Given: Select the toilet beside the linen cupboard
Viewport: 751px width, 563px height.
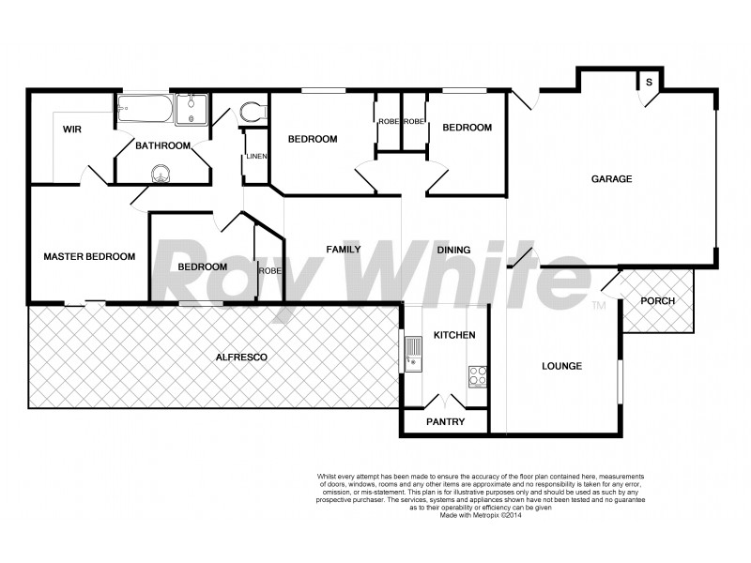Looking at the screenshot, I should (x=251, y=113).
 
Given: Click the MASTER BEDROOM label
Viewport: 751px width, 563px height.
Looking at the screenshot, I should (x=89, y=256).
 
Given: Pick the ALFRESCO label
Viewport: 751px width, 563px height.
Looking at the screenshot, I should (x=243, y=358).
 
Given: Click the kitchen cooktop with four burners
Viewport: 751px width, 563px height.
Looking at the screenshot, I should (x=477, y=375).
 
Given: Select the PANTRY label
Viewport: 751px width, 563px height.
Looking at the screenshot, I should (x=445, y=422).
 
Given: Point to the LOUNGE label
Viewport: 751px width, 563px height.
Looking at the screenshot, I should (x=561, y=366).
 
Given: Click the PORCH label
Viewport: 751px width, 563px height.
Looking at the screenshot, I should (x=657, y=300).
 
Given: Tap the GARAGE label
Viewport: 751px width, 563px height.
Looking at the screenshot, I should (x=611, y=178).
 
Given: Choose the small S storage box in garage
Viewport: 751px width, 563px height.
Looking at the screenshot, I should (x=649, y=83).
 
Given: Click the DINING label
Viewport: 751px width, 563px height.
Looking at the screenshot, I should (x=453, y=250).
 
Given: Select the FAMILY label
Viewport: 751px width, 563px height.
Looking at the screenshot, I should (x=344, y=250).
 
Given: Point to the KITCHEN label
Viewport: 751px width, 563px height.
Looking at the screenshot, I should (x=454, y=335).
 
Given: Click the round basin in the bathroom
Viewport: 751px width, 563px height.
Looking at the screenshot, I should (x=162, y=174).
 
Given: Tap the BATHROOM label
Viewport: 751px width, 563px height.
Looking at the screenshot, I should (x=163, y=145).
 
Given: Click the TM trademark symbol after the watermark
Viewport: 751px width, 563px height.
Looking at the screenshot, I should (x=598, y=306).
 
